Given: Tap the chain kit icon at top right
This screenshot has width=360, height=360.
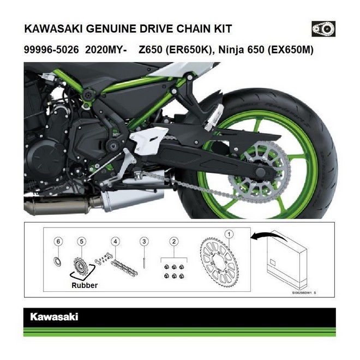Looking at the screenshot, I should (x=323, y=28).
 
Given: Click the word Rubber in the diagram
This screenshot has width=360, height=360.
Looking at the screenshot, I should (x=85, y=285).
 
